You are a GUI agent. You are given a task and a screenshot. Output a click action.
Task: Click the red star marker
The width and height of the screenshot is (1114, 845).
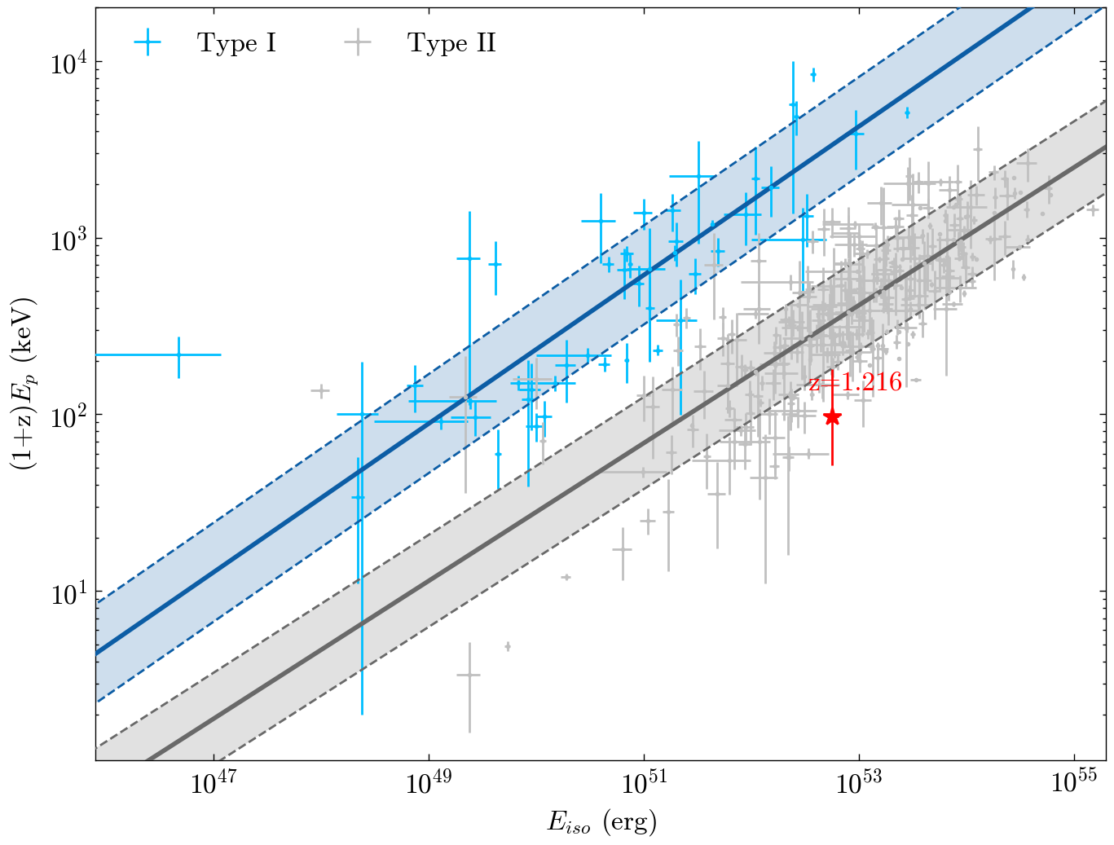832,417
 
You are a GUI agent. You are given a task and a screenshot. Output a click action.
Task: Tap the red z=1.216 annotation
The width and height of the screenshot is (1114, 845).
856,382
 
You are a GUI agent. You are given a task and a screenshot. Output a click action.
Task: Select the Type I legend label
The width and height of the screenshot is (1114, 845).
236,43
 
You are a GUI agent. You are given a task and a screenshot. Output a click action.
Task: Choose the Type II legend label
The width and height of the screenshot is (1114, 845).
451,43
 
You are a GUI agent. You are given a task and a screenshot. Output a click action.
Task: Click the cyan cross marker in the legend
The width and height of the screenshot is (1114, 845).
148,43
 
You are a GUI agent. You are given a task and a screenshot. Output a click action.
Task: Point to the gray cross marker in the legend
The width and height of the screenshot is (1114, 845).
357,43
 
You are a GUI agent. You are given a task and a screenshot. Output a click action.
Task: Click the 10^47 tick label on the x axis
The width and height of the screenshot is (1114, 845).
214,783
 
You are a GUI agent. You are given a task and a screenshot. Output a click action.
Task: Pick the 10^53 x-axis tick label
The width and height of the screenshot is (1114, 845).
859,783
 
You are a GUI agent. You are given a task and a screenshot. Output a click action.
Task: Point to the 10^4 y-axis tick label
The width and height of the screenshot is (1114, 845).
68,63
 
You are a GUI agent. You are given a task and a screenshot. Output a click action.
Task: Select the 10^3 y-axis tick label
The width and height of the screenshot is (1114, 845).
68,240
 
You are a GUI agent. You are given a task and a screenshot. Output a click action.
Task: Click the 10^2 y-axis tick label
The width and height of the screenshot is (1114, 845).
68,416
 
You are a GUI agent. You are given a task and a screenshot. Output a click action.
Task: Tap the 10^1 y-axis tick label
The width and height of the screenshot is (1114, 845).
68,592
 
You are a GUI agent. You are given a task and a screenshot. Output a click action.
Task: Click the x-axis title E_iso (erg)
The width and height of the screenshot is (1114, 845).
601,822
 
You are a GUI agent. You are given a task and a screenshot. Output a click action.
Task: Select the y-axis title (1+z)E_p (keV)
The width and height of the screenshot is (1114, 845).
22,384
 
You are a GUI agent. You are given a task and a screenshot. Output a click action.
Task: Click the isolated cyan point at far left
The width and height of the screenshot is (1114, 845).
178,354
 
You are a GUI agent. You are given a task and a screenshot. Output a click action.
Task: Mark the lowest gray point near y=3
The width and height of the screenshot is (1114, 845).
469,675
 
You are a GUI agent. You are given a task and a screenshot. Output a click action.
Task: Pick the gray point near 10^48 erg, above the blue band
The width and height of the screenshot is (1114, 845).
320,391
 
